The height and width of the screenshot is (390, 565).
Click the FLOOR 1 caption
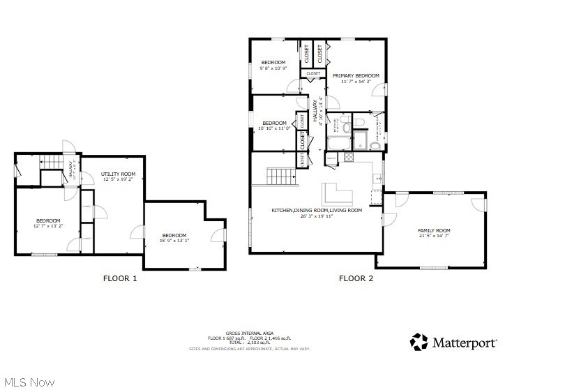coord(120,278)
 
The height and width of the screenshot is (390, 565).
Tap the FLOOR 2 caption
coord(356,278)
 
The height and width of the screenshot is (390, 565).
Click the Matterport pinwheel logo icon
coord(419,342)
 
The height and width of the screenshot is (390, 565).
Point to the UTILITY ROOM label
coord(118,174)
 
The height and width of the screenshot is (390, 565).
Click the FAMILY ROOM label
coord(434,230)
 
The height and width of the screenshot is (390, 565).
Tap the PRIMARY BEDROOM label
coord(355,75)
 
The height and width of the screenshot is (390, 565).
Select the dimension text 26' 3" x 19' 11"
coord(316,216)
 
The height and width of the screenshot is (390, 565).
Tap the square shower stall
coord(360,140)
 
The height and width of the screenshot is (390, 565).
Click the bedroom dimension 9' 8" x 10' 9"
coord(273,68)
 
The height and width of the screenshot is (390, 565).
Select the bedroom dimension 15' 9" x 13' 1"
coord(174,241)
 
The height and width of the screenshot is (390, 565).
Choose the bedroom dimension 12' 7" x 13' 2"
coord(49,226)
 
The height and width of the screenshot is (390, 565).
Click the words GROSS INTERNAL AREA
coord(249,333)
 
